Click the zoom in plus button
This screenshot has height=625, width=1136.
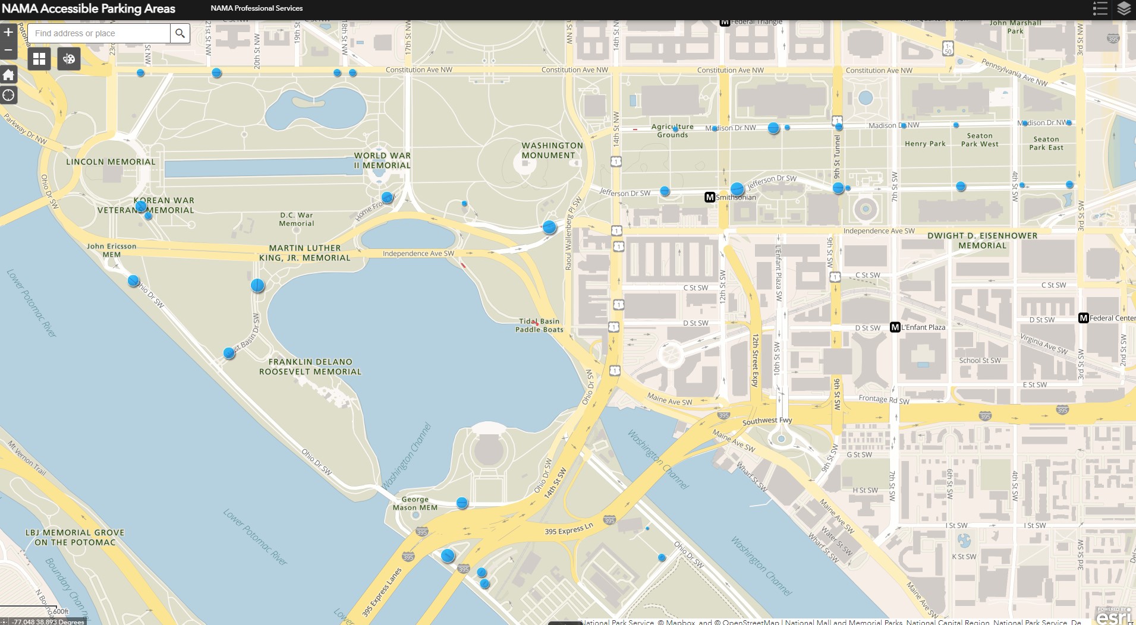coord(8,32)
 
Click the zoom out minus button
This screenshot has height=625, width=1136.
coord(8,50)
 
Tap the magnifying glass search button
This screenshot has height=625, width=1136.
coord(180,33)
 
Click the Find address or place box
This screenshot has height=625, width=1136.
coord(99,33)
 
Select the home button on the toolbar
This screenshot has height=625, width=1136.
coord(8,75)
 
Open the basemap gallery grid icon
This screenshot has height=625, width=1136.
coord(39,59)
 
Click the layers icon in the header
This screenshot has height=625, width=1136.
coord(1124,8)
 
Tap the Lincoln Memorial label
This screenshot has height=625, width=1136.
coord(111,162)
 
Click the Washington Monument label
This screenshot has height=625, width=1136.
coord(552,150)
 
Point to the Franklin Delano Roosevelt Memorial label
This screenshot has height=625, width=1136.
coord(310,367)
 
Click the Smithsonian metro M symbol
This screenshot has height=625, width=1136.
coord(709,197)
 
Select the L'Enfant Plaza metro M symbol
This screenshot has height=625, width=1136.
coord(895,327)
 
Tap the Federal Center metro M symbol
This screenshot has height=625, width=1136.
coord(1083,318)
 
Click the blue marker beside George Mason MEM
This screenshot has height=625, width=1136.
coord(462,503)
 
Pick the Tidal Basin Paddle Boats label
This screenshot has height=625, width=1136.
coord(539,326)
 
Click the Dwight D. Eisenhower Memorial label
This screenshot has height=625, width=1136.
coord(982,241)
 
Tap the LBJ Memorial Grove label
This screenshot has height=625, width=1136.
coord(75,537)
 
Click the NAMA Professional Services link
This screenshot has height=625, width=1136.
coord(256,8)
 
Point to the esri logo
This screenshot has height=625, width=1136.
coord(1112,616)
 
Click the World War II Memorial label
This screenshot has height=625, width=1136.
coord(382,160)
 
